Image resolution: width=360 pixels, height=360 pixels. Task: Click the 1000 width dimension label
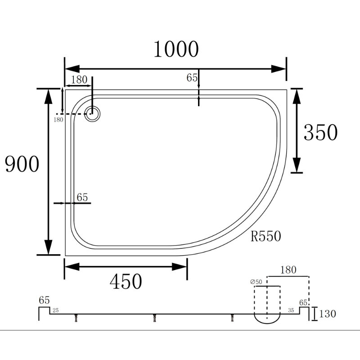click(176, 49)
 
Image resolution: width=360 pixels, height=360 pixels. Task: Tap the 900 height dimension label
click(22, 164)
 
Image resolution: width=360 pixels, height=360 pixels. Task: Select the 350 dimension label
click(320, 132)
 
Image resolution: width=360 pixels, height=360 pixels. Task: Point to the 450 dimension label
click(126, 282)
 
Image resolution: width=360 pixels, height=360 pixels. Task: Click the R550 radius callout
click(265, 236)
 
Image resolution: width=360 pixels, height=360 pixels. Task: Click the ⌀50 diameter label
click(256, 282)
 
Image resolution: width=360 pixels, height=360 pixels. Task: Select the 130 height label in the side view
click(328, 314)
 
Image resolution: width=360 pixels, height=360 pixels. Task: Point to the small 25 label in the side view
click(55, 310)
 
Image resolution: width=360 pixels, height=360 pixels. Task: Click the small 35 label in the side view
click(291, 310)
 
